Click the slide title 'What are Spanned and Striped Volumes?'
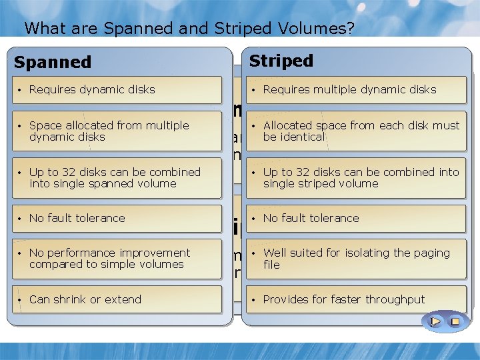coord(189,29)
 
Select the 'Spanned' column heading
coord(53,63)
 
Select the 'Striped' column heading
coord(281,61)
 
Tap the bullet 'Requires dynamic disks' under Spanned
coord(92,89)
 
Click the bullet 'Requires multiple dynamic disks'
coord(349,89)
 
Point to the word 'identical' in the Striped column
coord(303,137)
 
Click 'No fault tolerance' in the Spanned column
coord(77,218)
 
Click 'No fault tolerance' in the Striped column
coord(311,218)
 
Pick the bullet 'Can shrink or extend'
coord(85,299)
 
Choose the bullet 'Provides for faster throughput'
coord(343,299)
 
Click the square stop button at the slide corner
coord(455,321)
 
